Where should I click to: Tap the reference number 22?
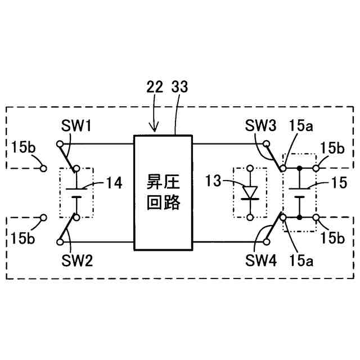(154, 88)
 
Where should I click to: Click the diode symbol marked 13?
(249, 192)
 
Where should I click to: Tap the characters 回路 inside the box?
(163, 201)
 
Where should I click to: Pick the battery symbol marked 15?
(299, 192)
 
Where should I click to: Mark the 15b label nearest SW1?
(22, 148)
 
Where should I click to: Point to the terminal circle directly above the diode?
(249, 168)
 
